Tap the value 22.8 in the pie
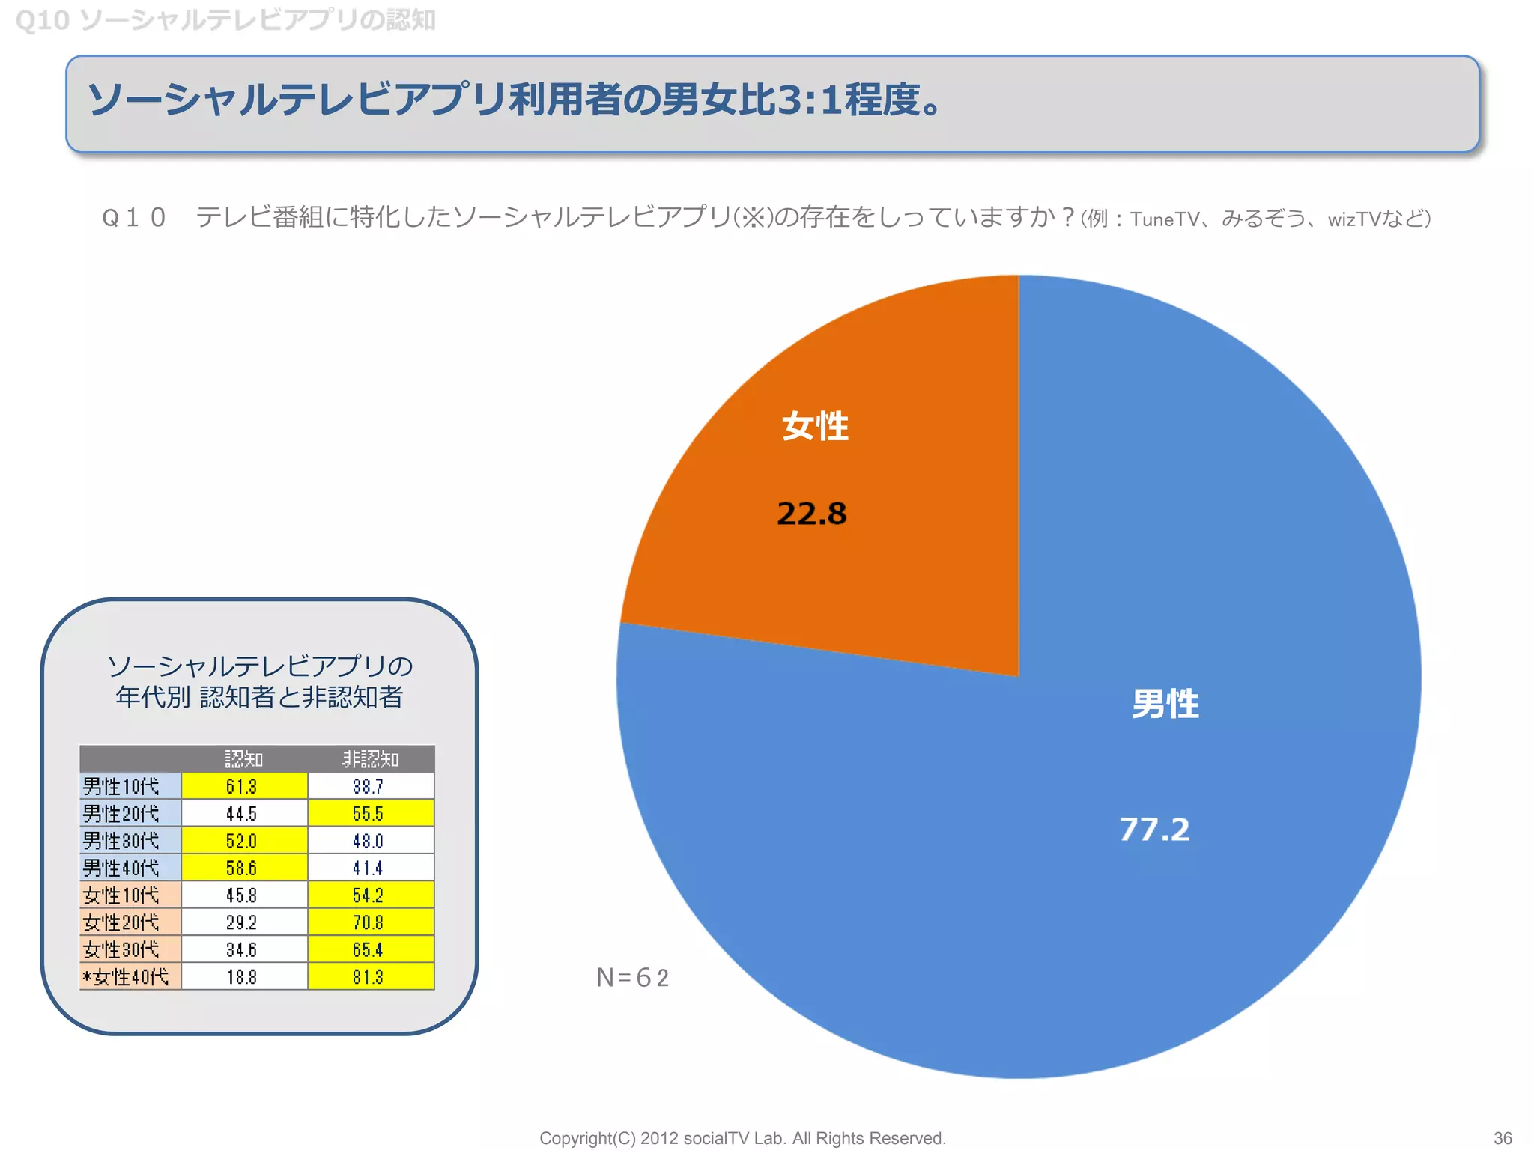(x=812, y=514)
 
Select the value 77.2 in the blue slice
(x=1154, y=830)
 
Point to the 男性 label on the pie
(x=1165, y=705)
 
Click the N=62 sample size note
(x=633, y=978)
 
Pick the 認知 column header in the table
(x=244, y=759)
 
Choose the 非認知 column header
(x=371, y=759)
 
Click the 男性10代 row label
(x=121, y=786)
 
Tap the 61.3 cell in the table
(x=242, y=786)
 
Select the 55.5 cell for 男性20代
(x=368, y=814)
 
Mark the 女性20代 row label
(x=121, y=922)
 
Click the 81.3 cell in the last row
(x=368, y=977)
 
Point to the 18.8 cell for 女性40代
(x=242, y=977)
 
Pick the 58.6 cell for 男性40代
(x=242, y=868)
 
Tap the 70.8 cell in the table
(x=368, y=922)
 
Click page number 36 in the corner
(x=1503, y=1138)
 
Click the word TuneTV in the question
(x=1165, y=219)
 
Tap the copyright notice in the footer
(x=742, y=1138)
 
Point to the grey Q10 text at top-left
(x=43, y=20)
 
